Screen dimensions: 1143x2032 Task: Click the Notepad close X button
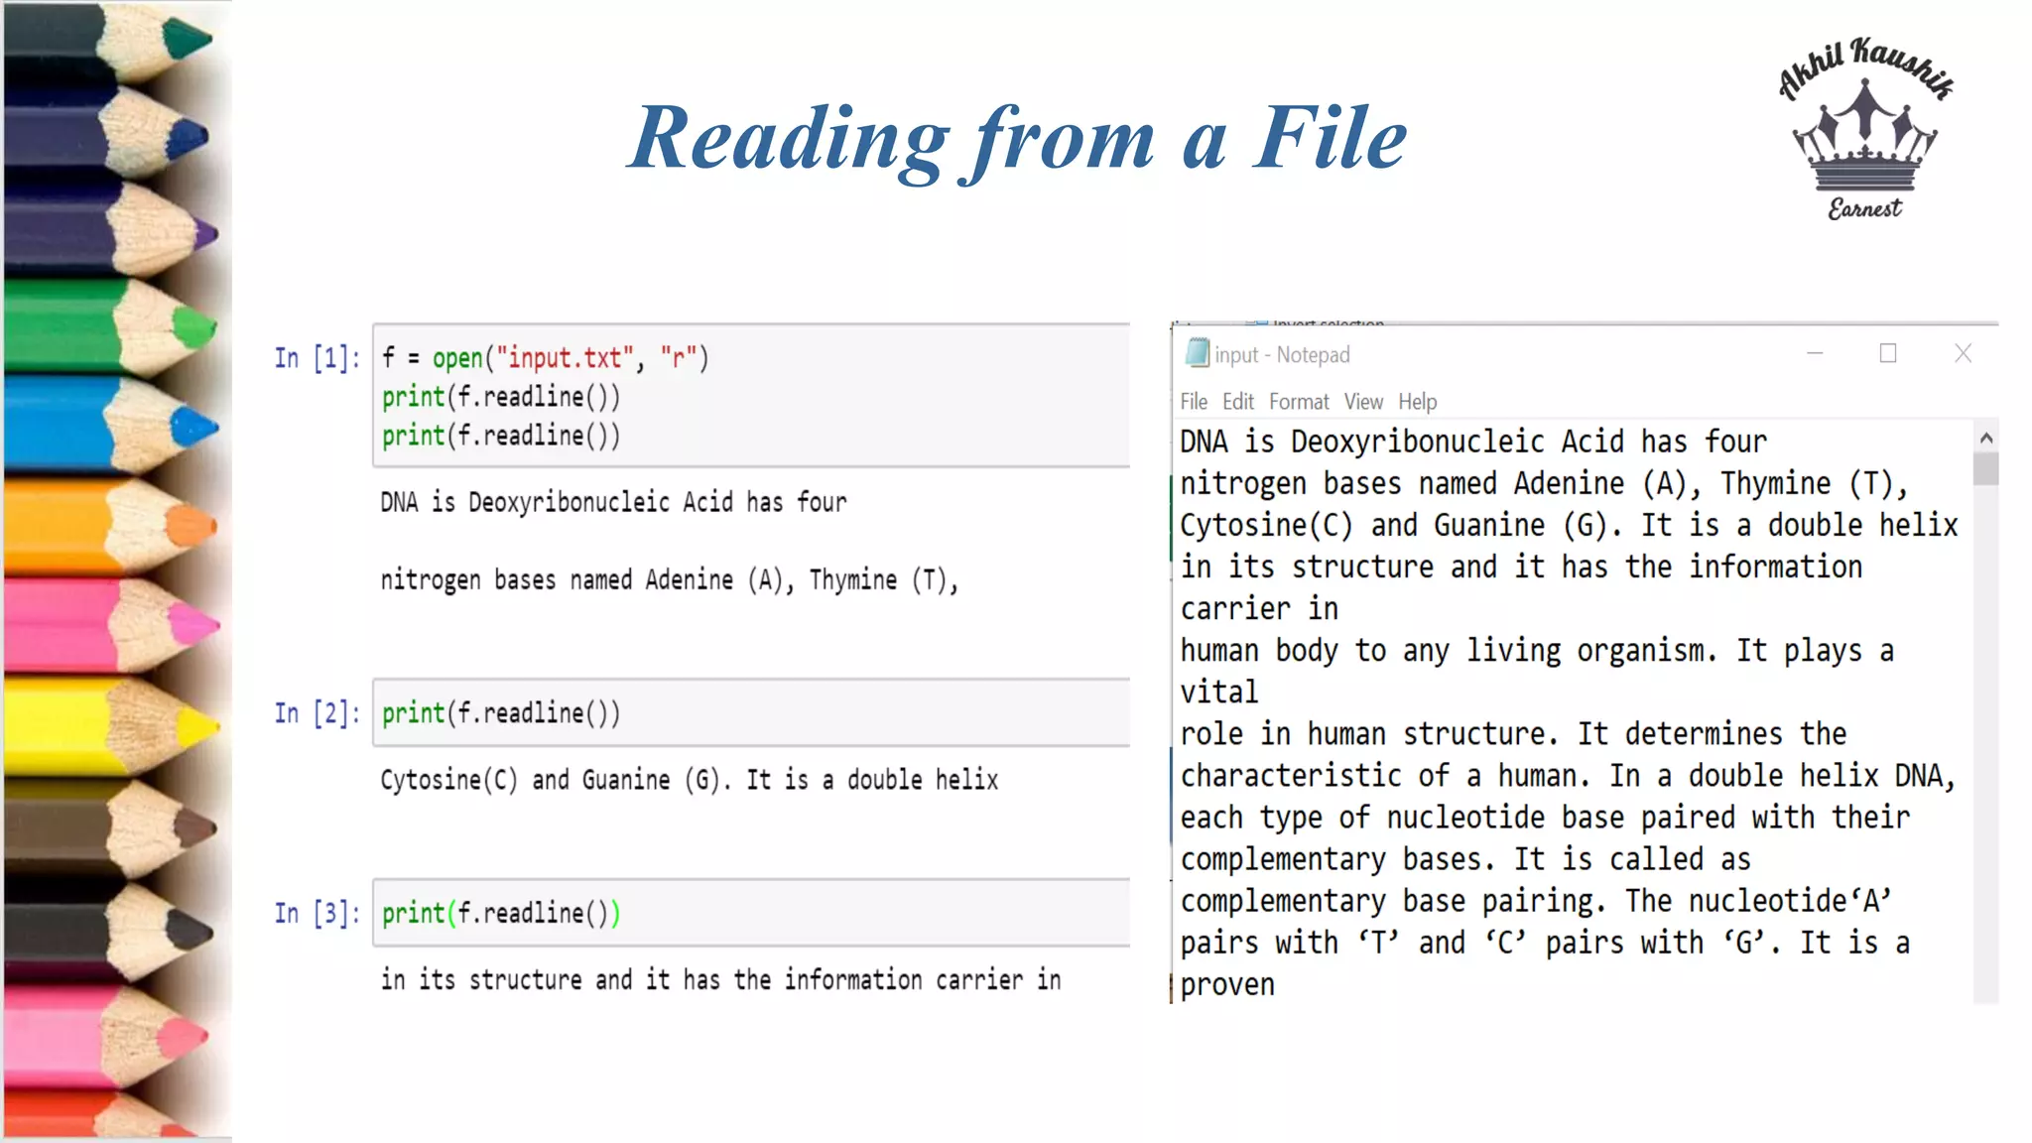click(x=1963, y=354)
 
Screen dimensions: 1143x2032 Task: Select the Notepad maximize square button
click(x=1888, y=354)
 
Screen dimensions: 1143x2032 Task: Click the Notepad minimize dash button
click(x=1815, y=354)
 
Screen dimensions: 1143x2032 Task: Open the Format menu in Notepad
click(x=1298, y=402)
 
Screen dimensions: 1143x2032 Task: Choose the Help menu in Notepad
click(x=1417, y=402)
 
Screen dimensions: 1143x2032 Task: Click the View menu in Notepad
click(x=1363, y=402)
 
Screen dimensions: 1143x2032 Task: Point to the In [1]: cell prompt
click(x=317, y=358)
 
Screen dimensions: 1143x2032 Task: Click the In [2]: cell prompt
click(x=317, y=713)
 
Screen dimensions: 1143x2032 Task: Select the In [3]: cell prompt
click(x=317, y=914)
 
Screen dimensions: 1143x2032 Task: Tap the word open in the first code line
click(x=456, y=358)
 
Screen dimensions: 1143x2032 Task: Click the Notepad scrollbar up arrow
click(x=1985, y=438)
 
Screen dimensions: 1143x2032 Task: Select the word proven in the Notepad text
click(x=1227, y=985)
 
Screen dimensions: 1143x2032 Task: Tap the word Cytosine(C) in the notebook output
click(x=448, y=781)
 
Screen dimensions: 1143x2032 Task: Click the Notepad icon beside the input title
click(x=1198, y=353)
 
